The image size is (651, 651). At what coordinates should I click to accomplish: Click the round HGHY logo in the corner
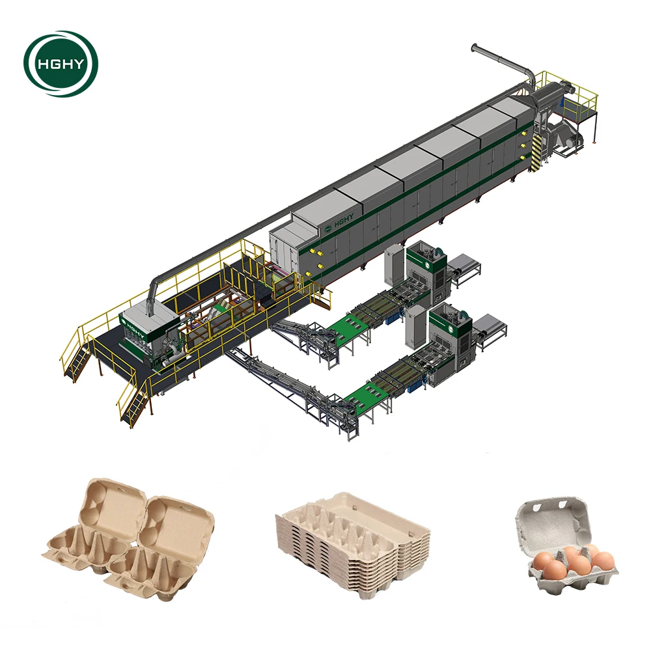click(61, 63)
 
